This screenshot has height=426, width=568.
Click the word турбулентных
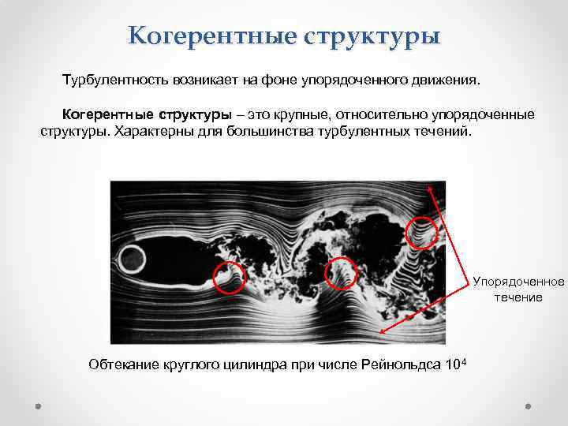(379, 130)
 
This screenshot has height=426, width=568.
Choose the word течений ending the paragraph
(448, 130)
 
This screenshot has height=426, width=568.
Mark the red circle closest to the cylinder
(229, 278)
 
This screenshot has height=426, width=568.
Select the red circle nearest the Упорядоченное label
(420, 233)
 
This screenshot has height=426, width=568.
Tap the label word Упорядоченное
(518, 282)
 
